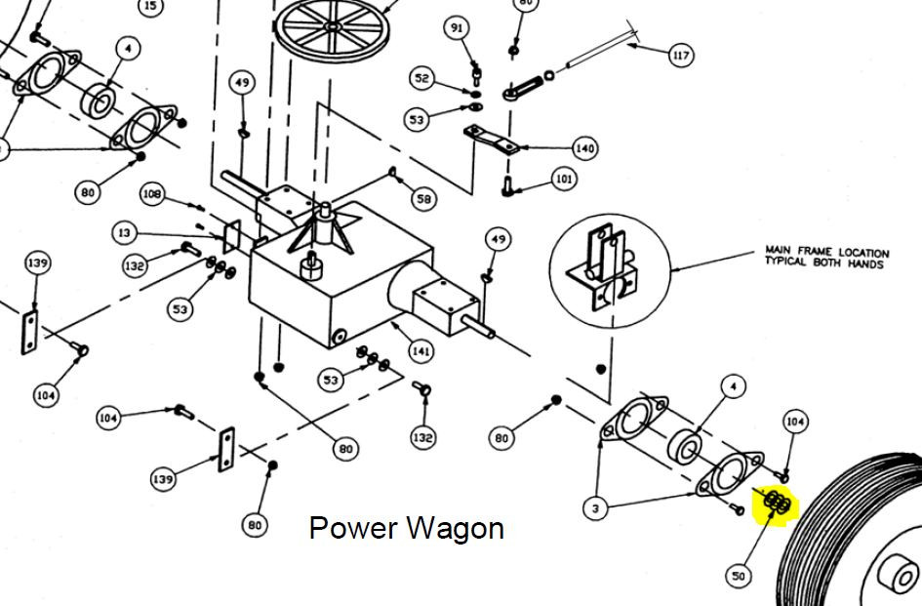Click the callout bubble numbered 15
point(149,6)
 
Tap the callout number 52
point(421,78)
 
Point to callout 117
point(680,56)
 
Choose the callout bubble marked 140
point(584,148)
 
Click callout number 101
point(564,179)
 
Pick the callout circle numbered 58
point(422,199)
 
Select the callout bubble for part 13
point(124,233)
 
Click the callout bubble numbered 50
point(739,576)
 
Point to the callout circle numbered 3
point(595,508)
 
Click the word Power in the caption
point(351,528)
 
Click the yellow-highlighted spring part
point(777,503)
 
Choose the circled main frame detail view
point(609,267)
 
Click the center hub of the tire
point(895,574)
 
